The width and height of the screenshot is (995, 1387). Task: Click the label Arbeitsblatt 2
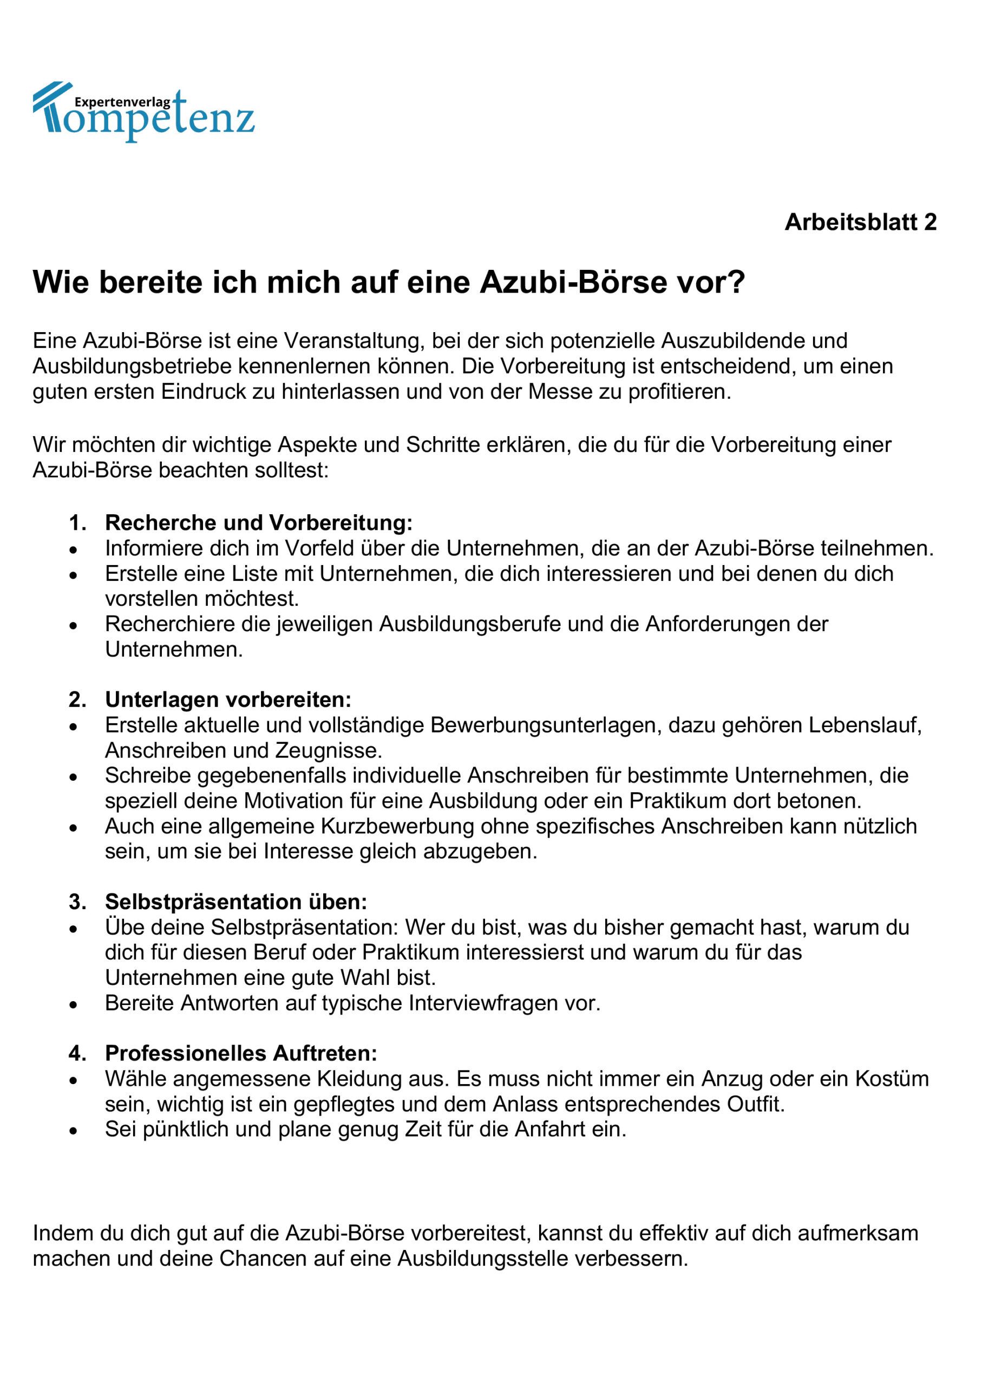[x=860, y=222]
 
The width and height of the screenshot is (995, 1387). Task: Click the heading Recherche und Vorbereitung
[x=259, y=523]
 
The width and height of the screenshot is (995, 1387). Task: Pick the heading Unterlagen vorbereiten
[x=228, y=699]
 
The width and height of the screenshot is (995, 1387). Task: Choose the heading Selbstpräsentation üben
[x=236, y=902]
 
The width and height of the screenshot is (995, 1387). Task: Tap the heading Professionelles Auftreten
[x=241, y=1053]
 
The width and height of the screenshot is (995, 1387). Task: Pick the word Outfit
[x=754, y=1105]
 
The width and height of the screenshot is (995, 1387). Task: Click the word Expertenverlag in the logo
[x=122, y=103]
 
